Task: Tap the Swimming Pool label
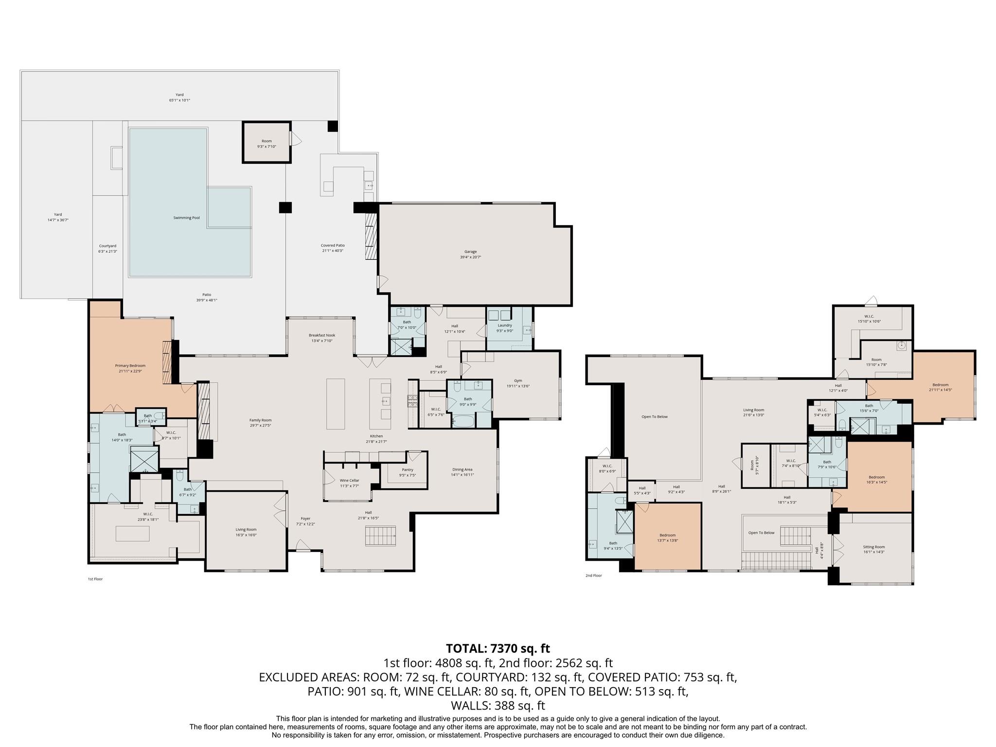(186, 218)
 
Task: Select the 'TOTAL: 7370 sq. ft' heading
(498, 648)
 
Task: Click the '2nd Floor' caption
(593, 576)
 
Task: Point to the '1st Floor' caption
(95, 579)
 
